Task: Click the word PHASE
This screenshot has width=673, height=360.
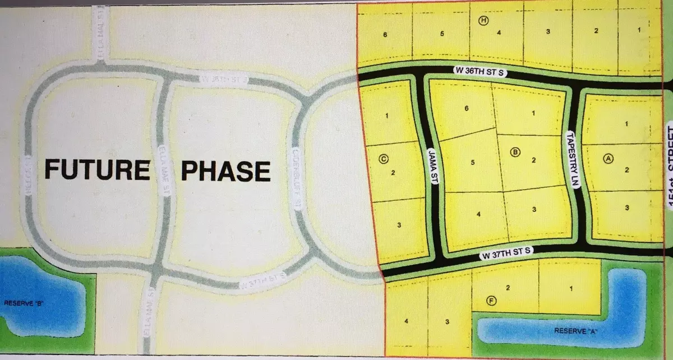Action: coord(225,170)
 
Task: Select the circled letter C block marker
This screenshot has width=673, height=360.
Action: coord(384,158)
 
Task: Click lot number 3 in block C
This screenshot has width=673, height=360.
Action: coord(398,225)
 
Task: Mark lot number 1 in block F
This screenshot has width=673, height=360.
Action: coord(571,289)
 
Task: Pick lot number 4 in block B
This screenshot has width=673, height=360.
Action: coord(478,214)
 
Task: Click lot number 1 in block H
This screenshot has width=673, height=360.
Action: coord(639,29)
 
